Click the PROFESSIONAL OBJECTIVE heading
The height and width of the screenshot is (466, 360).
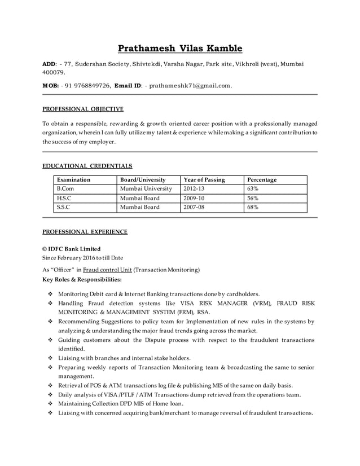[x=83, y=109]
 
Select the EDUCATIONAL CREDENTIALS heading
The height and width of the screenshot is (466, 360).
[x=87, y=166]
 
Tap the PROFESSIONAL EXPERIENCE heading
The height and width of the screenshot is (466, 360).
[x=85, y=231]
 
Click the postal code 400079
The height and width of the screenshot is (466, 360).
[x=54, y=72]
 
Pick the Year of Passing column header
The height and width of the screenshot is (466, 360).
[x=204, y=179]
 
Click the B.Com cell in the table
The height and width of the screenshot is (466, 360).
[x=65, y=188]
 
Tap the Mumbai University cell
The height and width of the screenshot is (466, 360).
[x=146, y=188]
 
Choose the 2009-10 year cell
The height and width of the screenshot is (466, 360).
[x=194, y=198]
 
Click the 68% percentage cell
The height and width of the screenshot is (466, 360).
[x=253, y=207]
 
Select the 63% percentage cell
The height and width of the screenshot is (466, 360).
[x=253, y=188]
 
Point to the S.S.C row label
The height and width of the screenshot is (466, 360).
[x=63, y=207]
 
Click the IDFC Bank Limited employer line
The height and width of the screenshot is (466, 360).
[x=72, y=249]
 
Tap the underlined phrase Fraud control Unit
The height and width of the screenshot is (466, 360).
[x=107, y=270]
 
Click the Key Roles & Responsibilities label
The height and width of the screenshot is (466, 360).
[x=82, y=279]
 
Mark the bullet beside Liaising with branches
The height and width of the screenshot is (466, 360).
[x=50, y=358]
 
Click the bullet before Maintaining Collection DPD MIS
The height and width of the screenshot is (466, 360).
[x=50, y=404]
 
